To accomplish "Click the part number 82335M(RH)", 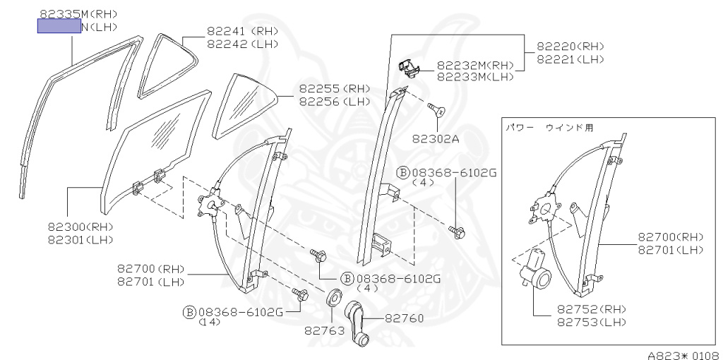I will (78, 13).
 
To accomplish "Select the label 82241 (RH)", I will (242, 31).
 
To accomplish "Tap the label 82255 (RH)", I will (334, 89).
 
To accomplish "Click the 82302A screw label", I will (436, 138).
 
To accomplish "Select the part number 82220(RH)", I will (570, 47).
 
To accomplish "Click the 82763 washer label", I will (324, 330).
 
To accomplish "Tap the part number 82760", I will (404, 318).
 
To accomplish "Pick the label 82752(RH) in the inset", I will (591, 309).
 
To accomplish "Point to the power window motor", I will (537, 271).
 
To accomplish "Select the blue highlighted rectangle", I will (59, 26).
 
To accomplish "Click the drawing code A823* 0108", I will (683, 354).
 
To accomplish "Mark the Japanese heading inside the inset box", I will (549, 128).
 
